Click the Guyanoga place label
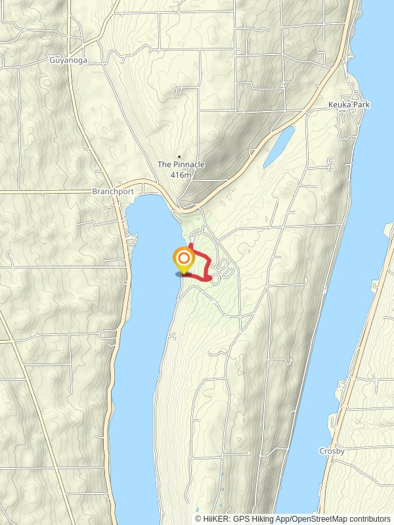(x=68, y=60)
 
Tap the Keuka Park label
(x=349, y=104)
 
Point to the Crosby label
(x=332, y=451)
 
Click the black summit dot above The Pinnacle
(x=179, y=157)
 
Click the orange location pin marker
(x=183, y=260)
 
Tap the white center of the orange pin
(x=183, y=257)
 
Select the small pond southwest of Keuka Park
(x=278, y=146)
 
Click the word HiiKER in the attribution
(x=214, y=519)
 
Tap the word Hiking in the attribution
(x=259, y=519)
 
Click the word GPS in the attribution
(x=238, y=519)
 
